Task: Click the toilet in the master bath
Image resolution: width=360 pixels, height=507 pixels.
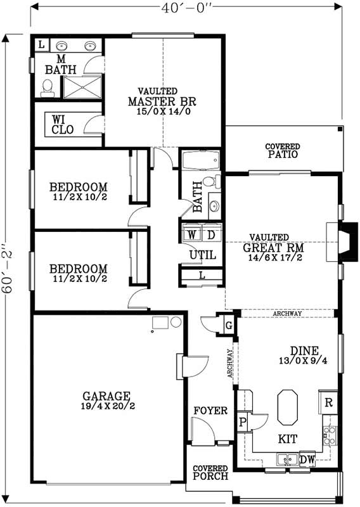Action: tap(47, 87)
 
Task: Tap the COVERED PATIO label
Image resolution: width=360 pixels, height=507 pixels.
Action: tap(282, 151)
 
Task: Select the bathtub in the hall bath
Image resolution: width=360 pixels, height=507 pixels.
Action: tap(200, 160)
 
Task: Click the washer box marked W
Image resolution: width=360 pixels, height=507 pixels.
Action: tap(190, 234)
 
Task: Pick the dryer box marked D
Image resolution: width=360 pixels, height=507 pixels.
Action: tap(212, 234)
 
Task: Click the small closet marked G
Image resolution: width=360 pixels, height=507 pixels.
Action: tap(228, 325)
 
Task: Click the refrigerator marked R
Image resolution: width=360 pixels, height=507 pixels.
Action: tap(329, 401)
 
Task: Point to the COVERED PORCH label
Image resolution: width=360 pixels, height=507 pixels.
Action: tap(210, 472)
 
